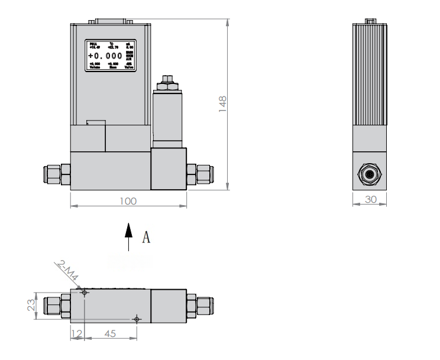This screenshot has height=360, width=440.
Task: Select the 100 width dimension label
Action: (x=128, y=201)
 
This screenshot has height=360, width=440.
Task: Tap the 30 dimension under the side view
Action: (x=370, y=200)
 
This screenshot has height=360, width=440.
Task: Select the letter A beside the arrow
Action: (x=147, y=238)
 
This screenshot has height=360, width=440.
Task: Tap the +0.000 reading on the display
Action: (x=109, y=56)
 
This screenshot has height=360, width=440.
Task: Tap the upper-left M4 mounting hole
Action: (x=85, y=293)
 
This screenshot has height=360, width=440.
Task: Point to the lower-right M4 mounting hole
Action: (x=137, y=319)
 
